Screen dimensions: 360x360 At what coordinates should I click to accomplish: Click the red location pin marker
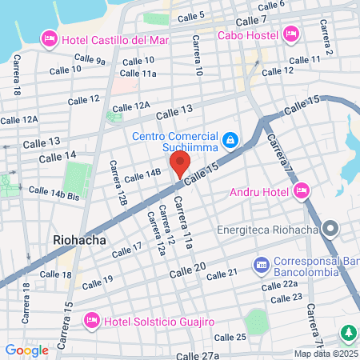pos(179,164)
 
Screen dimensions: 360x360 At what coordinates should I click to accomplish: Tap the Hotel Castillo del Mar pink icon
pos(49,38)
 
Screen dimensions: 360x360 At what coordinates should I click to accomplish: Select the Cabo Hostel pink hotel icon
pos(290,34)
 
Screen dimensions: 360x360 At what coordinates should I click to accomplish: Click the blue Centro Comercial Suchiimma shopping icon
pos(230,140)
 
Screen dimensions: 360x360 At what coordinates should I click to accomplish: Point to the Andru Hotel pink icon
pos(301,190)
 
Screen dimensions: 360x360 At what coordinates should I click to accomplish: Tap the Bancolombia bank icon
pos(261,263)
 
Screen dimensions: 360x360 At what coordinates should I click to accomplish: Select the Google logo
pos(26,350)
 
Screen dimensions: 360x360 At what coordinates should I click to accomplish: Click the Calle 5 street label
pos(191,15)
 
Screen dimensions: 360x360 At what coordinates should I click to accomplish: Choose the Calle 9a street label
pos(90,59)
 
